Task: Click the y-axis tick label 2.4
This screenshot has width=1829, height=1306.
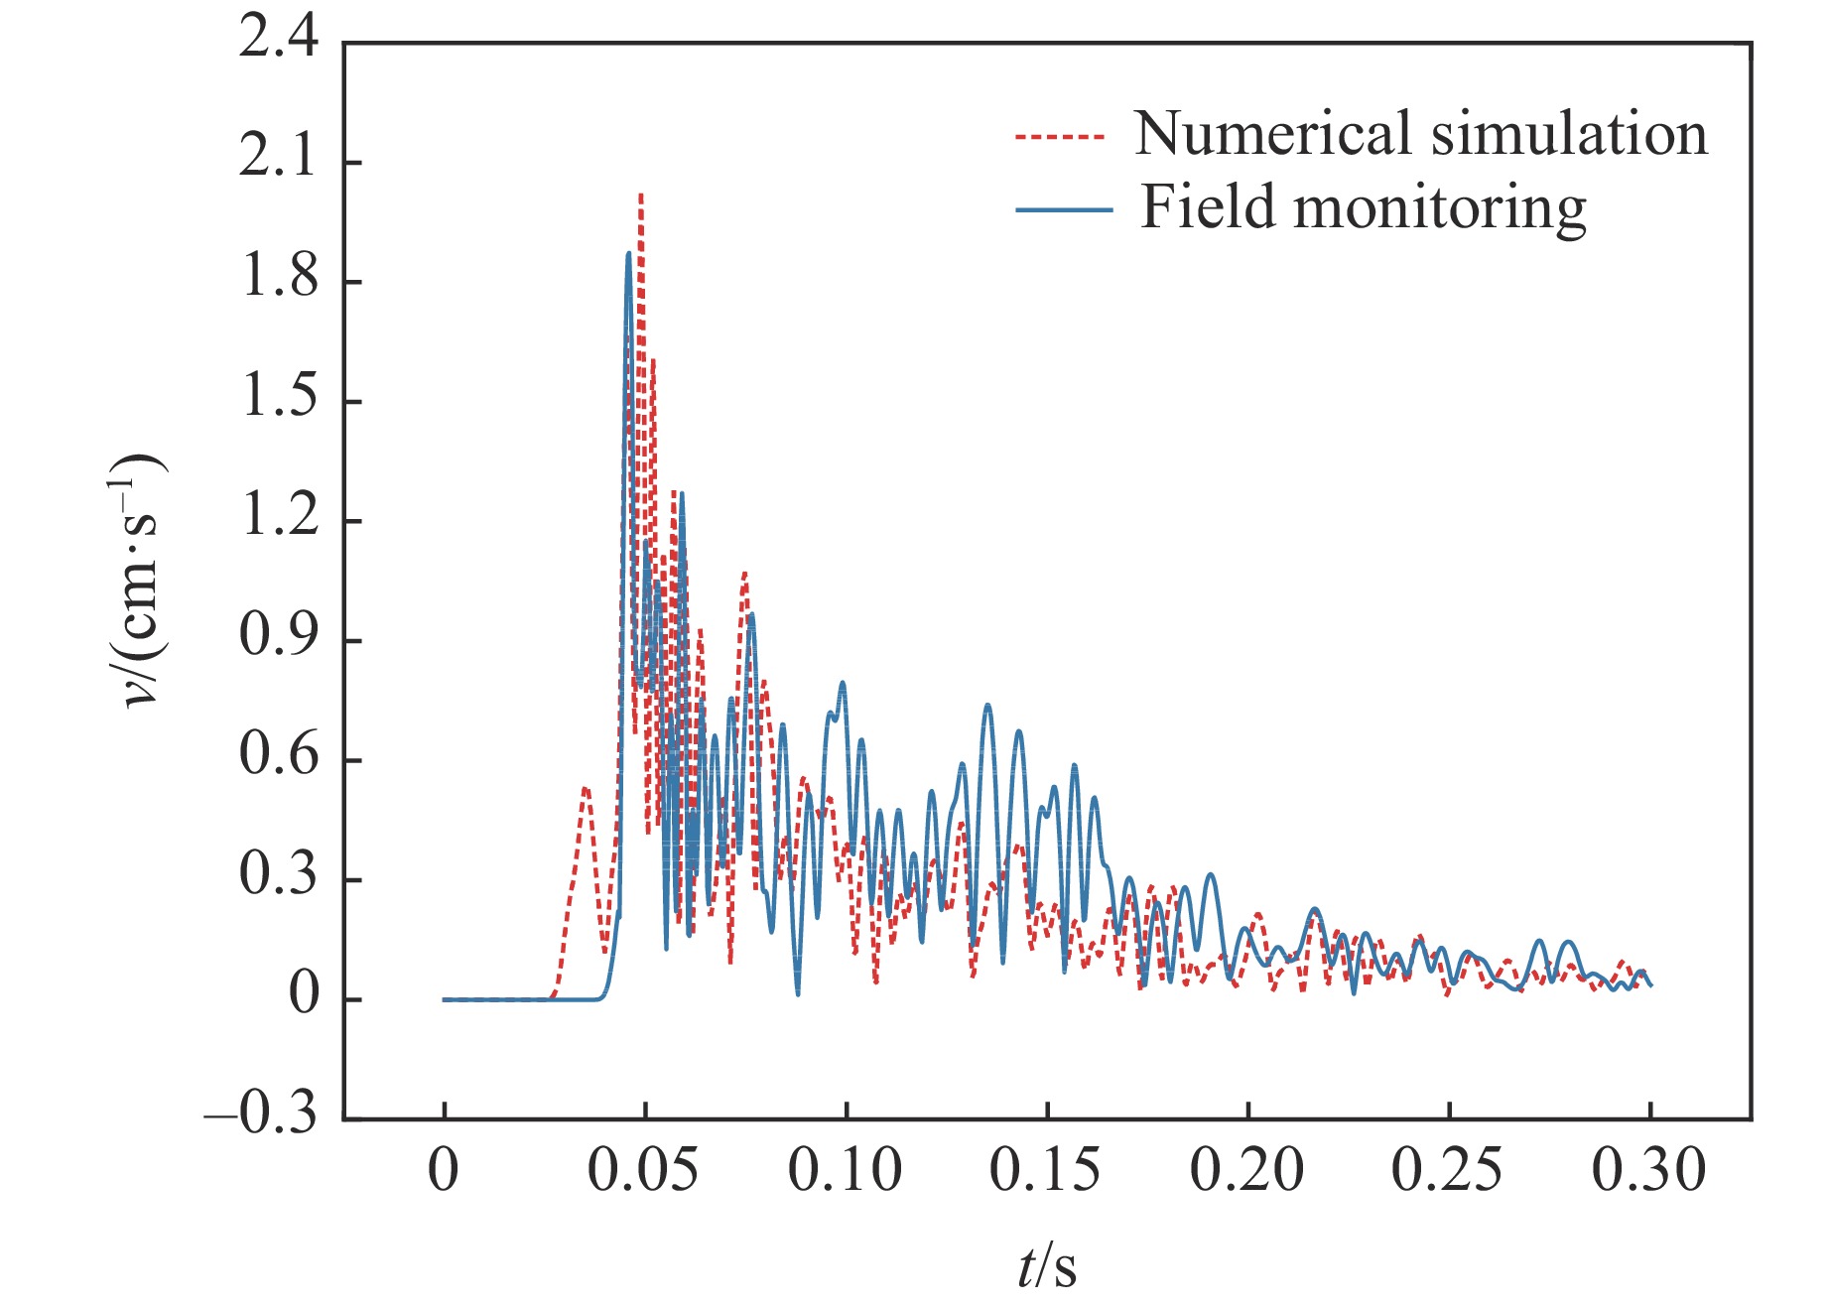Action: (x=279, y=42)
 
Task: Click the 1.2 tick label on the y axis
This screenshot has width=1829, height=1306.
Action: (x=279, y=519)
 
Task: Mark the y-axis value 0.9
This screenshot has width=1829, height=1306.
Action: (x=279, y=638)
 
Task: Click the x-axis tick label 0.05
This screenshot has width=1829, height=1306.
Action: (x=643, y=1171)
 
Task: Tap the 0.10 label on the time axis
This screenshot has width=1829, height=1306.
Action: (x=845, y=1171)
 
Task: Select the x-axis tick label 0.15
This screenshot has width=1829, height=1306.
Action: (x=1045, y=1171)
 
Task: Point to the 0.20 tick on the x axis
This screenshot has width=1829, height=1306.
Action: (x=1246, y=1171)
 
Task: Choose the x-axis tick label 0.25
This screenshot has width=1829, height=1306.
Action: (x=1447, y=1171)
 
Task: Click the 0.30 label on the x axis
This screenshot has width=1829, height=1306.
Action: (x=1648, y=1171)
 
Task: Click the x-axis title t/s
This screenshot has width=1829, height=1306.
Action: (x=1047, y=1266)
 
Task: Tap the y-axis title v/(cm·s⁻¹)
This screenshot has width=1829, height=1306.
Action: (x=139, y=581)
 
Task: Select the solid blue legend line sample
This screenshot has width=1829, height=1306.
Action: (x=1063, y=210)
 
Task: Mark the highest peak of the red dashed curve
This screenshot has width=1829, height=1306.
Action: (x=641, y=196)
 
